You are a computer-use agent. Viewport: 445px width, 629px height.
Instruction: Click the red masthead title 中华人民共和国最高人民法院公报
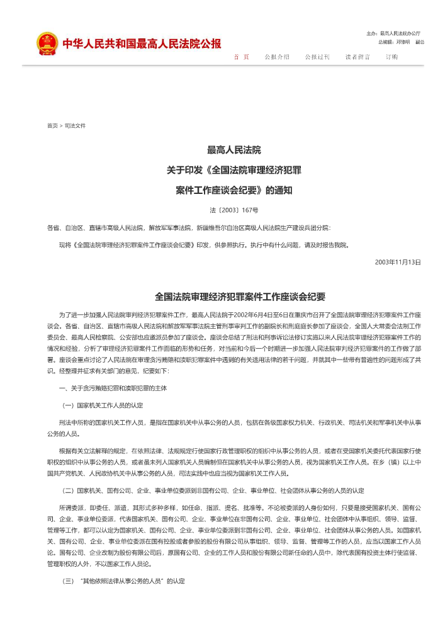tap(141, 44)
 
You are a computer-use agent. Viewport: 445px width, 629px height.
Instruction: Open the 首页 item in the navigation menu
tap(241, 57)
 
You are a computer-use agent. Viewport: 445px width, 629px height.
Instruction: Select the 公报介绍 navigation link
tap(277, 57)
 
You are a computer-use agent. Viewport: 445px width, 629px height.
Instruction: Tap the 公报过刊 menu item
tap(317, 57)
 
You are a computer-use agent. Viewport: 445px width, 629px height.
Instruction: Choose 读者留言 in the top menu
tap(358, 57)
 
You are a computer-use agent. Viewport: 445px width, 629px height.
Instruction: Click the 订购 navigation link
tap(391, 57)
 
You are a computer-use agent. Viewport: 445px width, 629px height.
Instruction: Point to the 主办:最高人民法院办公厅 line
tap(393, 33)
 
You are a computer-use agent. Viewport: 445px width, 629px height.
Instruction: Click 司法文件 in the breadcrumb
tap(75, 126)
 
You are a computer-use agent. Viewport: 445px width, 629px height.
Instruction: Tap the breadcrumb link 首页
tap(52, 126)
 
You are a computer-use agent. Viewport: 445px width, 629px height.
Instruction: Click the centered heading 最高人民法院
tap(234, 150)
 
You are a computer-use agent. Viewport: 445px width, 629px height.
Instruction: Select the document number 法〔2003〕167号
tap(234, 209)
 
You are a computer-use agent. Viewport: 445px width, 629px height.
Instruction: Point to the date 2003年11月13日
tap(398, 261)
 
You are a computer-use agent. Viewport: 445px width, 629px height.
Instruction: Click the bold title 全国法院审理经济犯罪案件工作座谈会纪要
tap(240, 297)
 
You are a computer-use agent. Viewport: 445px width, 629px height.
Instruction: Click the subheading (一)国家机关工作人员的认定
tap(102, 405)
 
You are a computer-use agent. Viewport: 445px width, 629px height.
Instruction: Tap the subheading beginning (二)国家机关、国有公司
tap(211, 490)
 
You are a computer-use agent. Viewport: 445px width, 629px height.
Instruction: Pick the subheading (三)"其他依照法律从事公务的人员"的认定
tap(123, 580)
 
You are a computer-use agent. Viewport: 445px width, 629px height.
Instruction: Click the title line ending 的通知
tap(234, 189)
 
